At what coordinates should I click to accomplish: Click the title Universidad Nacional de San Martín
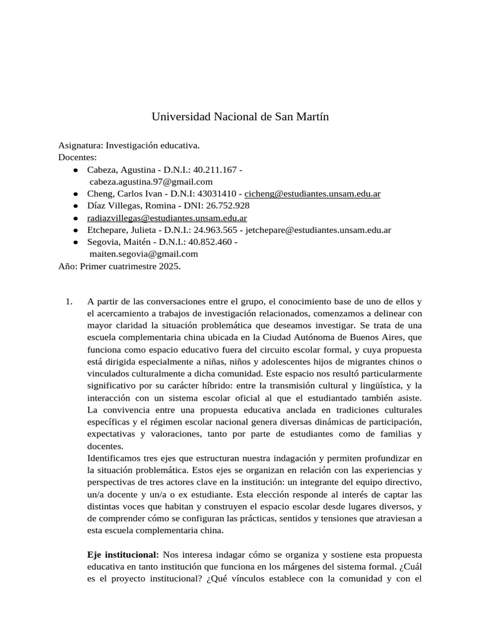click(240, 117)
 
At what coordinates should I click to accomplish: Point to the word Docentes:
click(78, 158)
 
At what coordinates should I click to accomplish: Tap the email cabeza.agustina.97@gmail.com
click(143, 182)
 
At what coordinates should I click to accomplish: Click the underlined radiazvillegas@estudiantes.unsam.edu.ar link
click(167, 218)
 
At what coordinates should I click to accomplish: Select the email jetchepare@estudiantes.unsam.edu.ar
click(318, 230)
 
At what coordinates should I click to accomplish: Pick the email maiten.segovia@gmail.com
click(143, 254)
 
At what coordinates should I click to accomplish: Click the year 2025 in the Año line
click(168, 266)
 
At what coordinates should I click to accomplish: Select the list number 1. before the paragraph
click(70, 302)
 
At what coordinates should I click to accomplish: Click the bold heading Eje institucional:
click(123, 555)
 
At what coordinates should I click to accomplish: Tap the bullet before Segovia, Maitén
click(75, 242)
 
